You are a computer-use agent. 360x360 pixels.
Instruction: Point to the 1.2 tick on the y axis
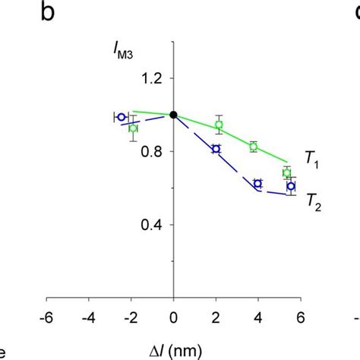147,78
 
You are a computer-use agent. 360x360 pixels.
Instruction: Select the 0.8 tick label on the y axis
147,152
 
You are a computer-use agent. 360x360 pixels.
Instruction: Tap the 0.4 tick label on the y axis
147,225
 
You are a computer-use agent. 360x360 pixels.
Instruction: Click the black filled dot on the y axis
174,115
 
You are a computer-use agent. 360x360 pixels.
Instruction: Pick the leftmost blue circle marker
122,117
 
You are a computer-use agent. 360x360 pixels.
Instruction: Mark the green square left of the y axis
133,128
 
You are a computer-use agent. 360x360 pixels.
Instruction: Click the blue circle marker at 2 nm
216,149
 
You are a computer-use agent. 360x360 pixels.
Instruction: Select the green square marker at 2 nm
219,125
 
